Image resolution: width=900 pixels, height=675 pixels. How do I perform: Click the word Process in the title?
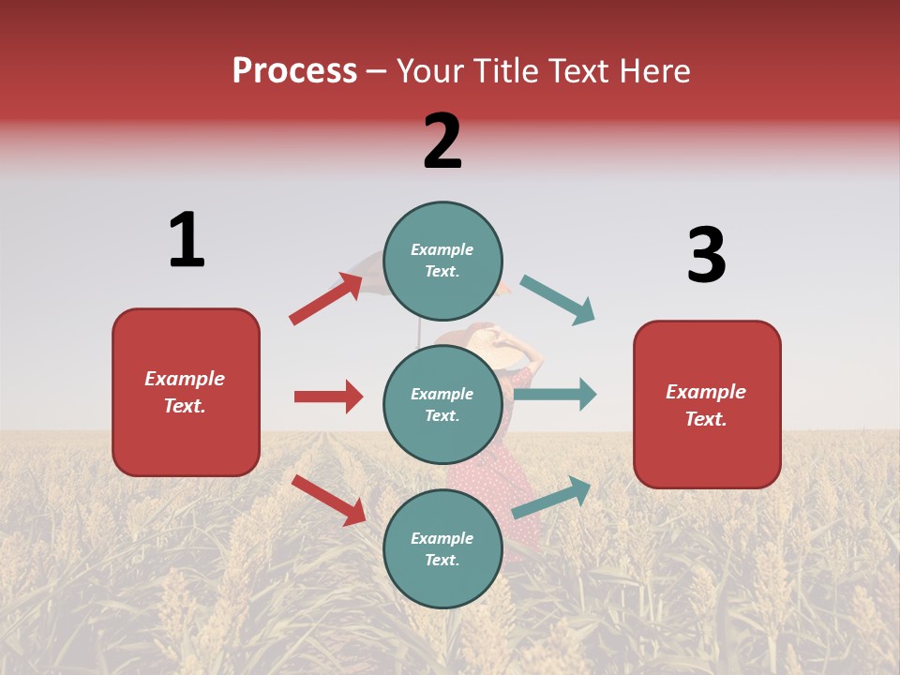[294, 71]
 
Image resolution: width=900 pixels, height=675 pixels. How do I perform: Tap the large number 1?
[187, 240]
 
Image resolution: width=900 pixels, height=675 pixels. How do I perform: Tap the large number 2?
[442, 142]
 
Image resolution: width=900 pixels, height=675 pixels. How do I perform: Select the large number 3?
[706, 255]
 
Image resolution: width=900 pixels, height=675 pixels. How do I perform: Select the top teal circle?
[442, 261]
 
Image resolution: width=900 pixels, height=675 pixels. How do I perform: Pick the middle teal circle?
[442, 404]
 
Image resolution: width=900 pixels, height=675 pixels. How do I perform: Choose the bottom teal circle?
[442, 548]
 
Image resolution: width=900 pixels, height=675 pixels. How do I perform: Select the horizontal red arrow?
[328, 397]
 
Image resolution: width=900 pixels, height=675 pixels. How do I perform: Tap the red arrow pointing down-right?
[329, 500]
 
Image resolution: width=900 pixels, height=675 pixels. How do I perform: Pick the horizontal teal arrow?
[555, 395]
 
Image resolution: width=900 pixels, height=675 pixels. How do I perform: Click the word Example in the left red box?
[185, 379]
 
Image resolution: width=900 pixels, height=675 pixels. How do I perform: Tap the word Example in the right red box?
[706, 392]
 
